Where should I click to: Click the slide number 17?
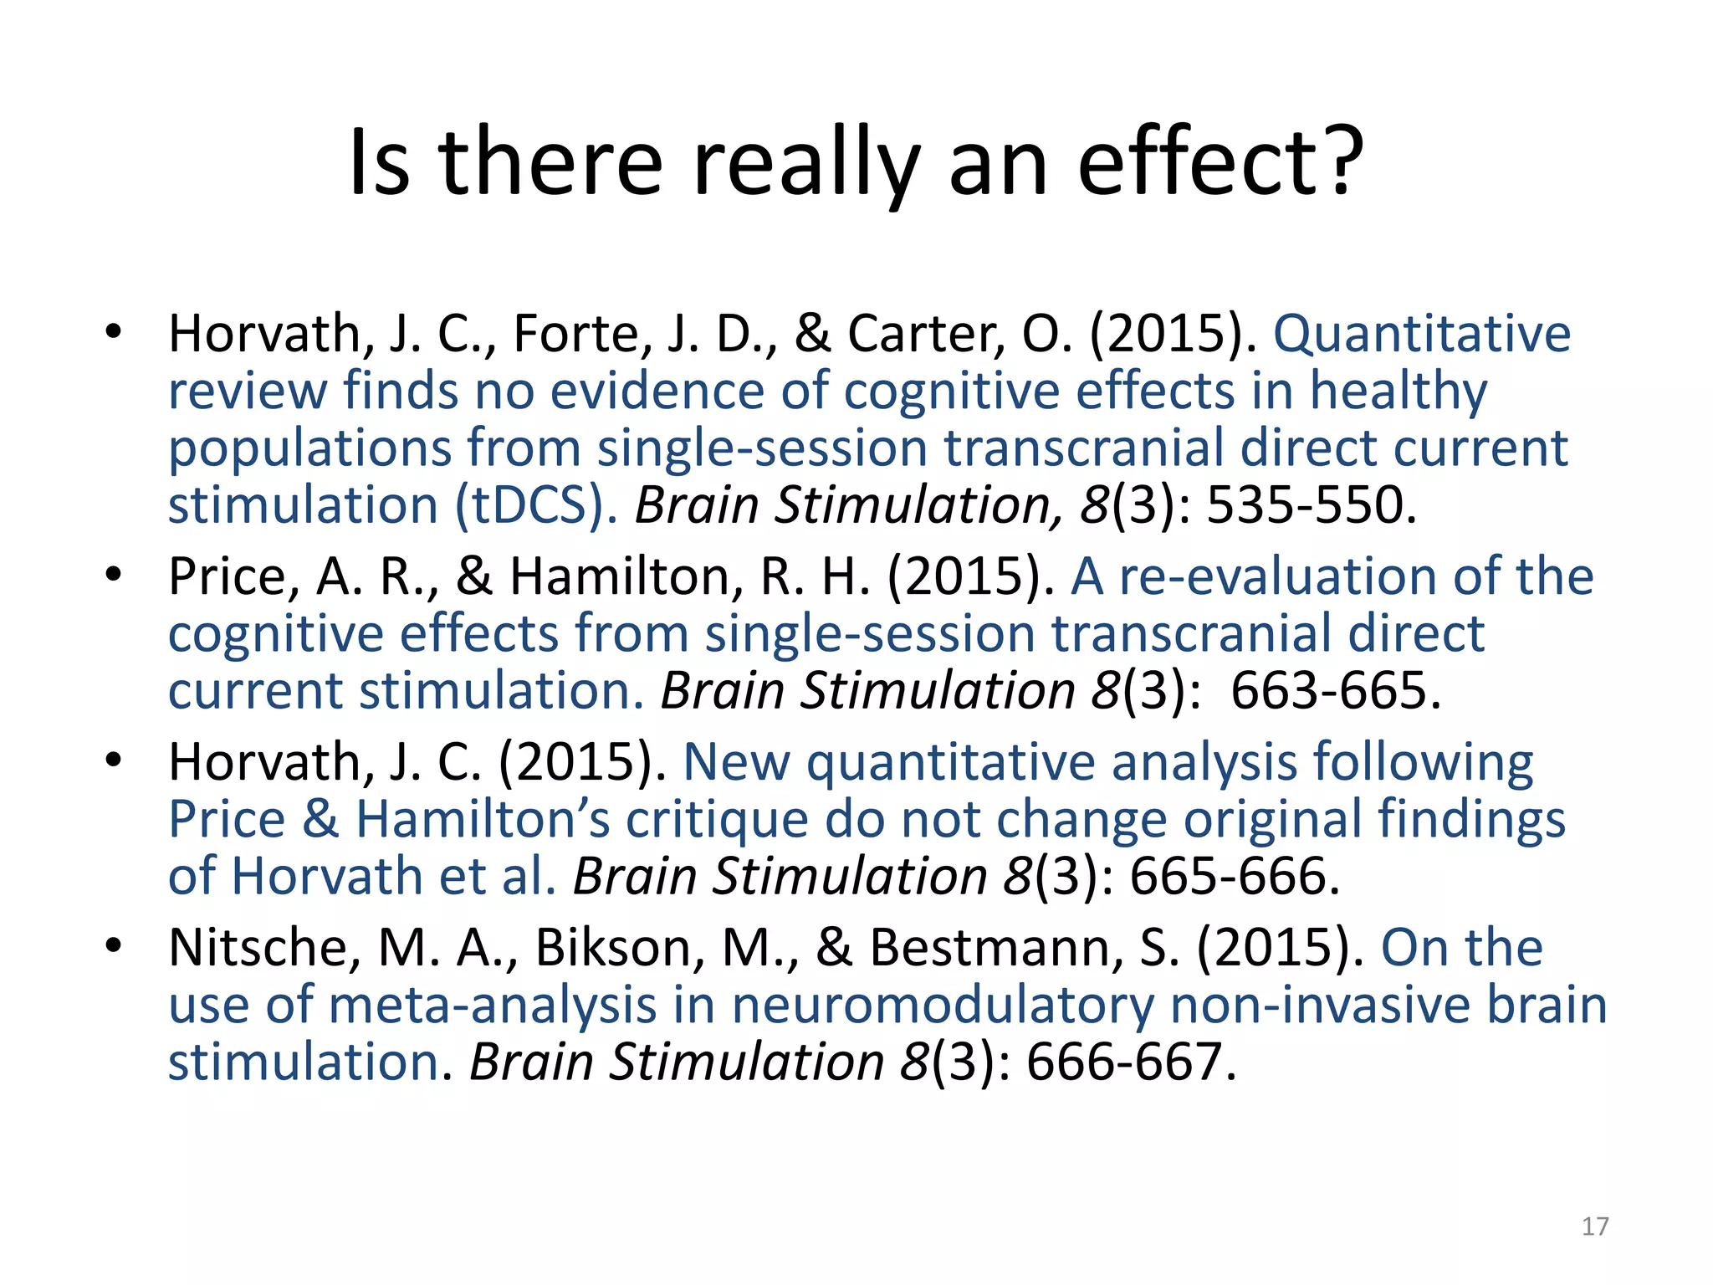(1595, 1226)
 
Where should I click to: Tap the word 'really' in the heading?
(805, 164)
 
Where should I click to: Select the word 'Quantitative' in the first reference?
(1422, 334)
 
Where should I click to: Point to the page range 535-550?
(1311, 505)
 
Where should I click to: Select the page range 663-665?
(1335, 691)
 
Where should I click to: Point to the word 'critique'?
(717, 819)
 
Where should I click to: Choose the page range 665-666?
(1234, 877)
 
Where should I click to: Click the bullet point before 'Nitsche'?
(114, 946)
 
